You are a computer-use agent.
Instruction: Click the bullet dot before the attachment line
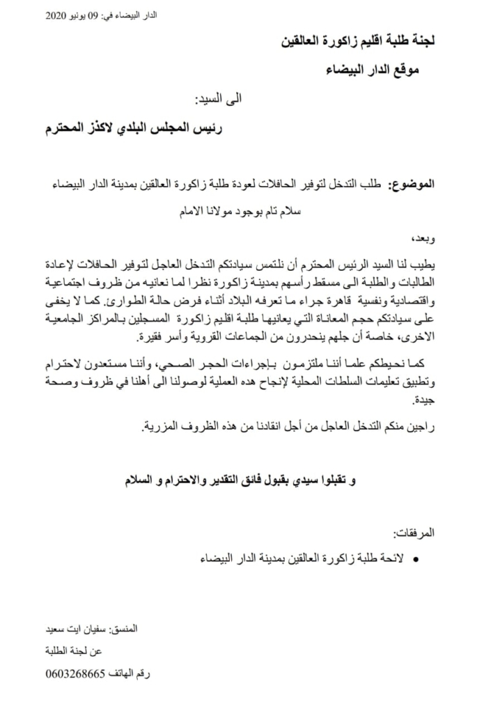click(x=416, y=559)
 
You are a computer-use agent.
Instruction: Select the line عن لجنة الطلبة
click(x=111, y=651)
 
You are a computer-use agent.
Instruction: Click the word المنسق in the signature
click(x=125, y=629)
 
